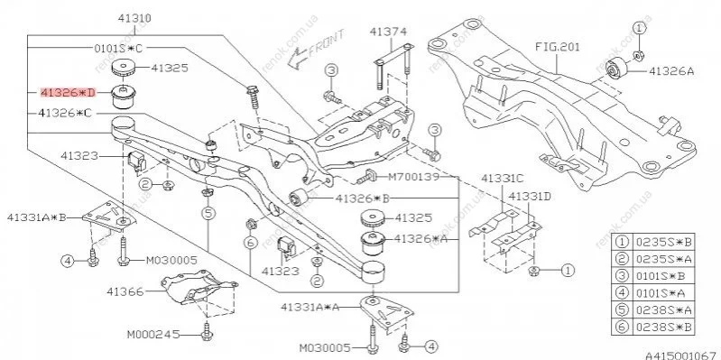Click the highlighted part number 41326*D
point(68,93)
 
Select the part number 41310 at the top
point(134,19)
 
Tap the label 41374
point(389,32)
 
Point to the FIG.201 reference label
point(558,47)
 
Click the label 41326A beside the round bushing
point(671,71)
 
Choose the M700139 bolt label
point(414,177)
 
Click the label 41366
point(125,291)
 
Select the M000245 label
point(153,334)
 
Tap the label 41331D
point(530,197)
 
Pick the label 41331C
point(502,178)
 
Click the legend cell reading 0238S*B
point(663,328)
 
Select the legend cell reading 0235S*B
point(663,242)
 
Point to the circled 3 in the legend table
point(622,276)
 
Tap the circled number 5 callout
point(208,213)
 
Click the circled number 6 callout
point(250,243)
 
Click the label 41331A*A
point(310,307)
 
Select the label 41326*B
point(363,198)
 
